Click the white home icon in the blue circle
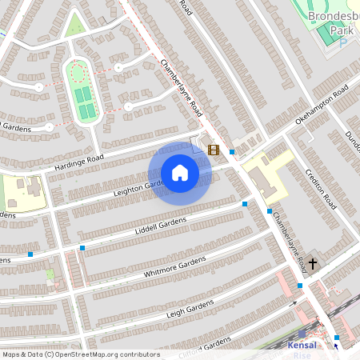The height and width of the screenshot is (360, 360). [179, 173]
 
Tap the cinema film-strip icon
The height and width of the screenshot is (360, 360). [213, 150]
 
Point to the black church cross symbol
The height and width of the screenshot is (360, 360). [313, 263]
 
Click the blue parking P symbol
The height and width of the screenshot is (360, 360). [343, 42]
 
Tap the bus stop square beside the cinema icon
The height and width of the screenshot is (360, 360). [232, 152]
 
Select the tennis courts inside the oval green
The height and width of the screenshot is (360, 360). [82, 103]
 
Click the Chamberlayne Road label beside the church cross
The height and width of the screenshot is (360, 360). [286, 240]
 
